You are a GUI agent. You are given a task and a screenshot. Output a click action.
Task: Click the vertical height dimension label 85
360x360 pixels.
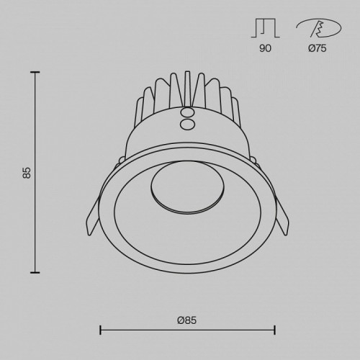(x=27, y=172)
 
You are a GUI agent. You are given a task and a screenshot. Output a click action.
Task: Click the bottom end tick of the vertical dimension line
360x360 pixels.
(x=35, y=272)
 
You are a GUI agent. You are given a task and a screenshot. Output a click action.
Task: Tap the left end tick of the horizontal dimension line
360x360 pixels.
(x=99, y=330)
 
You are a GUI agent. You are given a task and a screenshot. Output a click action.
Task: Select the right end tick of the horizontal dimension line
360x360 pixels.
(x=275, y=330)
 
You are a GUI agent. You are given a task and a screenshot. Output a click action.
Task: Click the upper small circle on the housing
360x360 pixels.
(x=187, y=114)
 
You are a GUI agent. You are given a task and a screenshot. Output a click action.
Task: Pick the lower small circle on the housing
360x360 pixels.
(x=187, y=125)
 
